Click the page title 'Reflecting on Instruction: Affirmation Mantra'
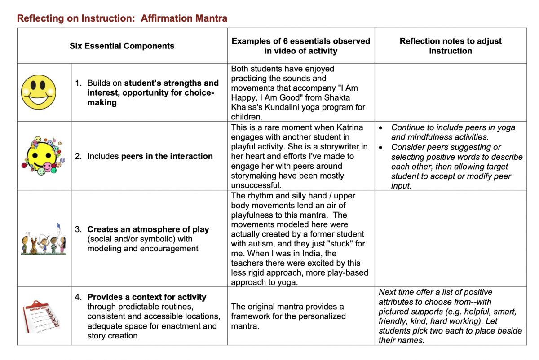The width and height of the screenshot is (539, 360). click(x=122, y=18)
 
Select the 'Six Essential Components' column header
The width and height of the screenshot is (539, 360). click(x=122, y=46)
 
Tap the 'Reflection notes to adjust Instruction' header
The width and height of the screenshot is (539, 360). click(x=451, y=46)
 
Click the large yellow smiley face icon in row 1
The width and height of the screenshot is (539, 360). click(x=38, y=92)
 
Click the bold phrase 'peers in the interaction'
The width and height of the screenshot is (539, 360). click(x=167, y=156)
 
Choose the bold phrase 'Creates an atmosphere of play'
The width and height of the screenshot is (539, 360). click(x=148, y=229)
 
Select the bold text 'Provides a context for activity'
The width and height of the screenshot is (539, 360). click(x=147, y=297)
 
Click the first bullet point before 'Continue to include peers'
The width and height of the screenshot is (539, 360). click(x=381, y=127)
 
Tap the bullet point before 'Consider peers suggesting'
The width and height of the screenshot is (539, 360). click(x=381, y=147)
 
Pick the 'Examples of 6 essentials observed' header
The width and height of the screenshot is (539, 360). click(x=300, y=41)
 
